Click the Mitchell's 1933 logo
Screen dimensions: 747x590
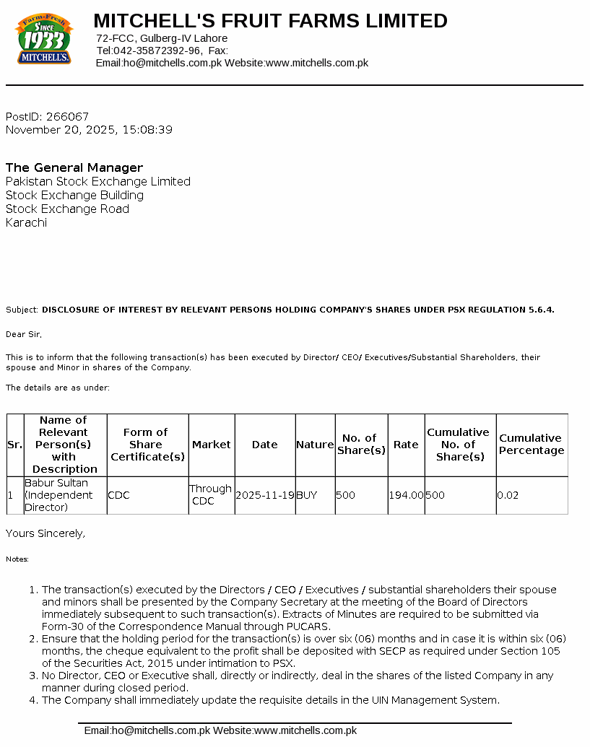click(44, 40)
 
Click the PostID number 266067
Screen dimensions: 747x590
click(67, 117)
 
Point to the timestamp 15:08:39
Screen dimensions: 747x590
click(148, 130)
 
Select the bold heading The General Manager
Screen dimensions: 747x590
click(74, 167)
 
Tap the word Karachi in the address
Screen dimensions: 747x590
click(26, 223)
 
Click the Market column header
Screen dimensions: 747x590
click(212, 445)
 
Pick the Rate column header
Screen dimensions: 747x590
click(406, 445)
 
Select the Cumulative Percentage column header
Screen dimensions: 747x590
click(532, 445)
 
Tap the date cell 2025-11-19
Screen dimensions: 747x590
click(265, 496)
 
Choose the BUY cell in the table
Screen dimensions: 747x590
click(307, 496)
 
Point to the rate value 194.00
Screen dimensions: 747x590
click(406, 496)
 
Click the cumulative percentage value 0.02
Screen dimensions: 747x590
click(508, 496)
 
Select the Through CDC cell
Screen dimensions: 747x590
click(210, 495)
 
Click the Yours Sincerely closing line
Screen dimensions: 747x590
click(45, 533)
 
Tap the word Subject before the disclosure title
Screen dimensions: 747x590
click(21, 310)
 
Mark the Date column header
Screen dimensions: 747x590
click(264, 445)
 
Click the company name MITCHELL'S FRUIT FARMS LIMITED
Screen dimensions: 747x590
click(270, 21)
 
